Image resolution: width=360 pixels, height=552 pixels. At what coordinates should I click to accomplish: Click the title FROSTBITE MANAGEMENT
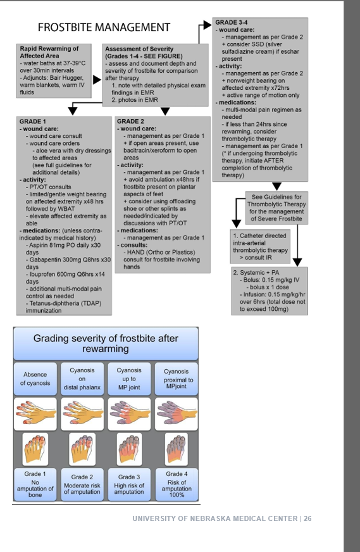pos(104,27)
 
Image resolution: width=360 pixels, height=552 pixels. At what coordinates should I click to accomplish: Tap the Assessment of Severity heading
pos(140,53)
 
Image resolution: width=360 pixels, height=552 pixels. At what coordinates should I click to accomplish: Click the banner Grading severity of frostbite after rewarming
pos(106,344)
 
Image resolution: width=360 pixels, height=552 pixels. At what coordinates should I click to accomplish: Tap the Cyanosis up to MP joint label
pos(129,379)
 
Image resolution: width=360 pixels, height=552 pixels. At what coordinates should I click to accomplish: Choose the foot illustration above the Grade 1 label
pos(35,448)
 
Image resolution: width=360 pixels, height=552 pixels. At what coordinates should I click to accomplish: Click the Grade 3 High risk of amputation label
pos(129,484)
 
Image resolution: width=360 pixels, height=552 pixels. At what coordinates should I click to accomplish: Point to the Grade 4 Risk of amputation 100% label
pos(177,484)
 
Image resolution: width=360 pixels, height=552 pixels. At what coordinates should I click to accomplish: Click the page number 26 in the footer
pos(307,518)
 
